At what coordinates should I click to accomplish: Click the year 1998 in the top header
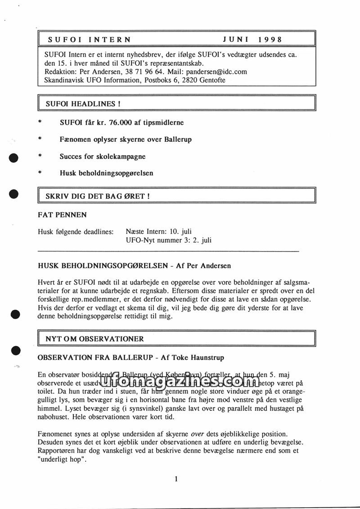(x=270, y=40)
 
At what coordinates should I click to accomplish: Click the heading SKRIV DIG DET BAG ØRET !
(x=98, y=196)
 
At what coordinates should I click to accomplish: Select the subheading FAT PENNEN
(x=63, y=215)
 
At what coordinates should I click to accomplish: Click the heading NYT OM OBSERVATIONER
(x=94, y=339)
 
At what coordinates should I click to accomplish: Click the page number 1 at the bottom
(x=176, y=479)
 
